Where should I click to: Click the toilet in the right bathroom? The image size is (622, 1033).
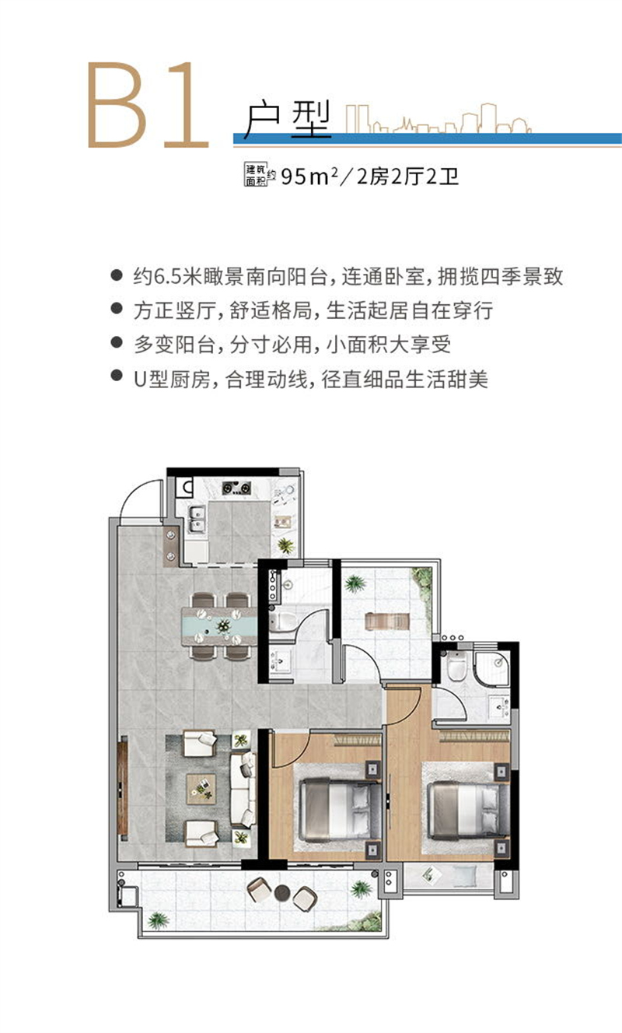(x=456, y=667)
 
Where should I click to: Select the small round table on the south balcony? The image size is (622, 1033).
(x=281, y=892)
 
